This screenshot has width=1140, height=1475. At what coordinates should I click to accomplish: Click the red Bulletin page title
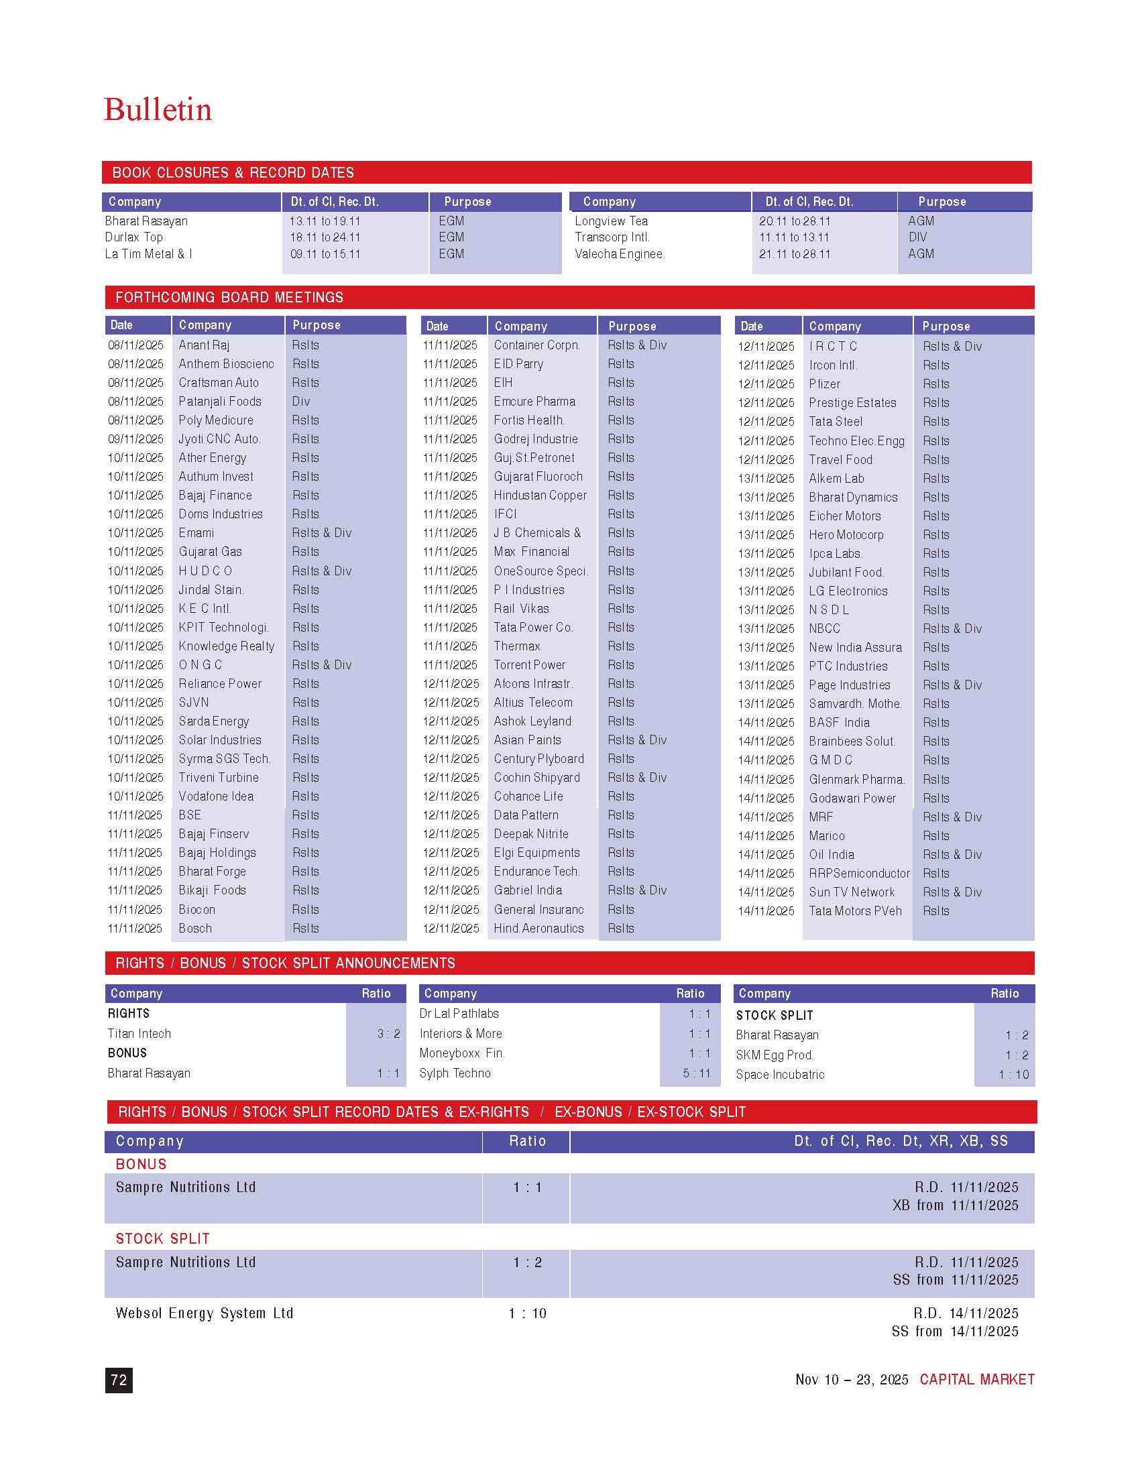[x=158, y=110]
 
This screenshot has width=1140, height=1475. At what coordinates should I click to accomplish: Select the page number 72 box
[x=119, y=1380]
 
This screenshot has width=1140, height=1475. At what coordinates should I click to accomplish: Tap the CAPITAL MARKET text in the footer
[x=976, y=1380]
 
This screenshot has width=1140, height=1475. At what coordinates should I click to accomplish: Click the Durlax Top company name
[x=133, y=237]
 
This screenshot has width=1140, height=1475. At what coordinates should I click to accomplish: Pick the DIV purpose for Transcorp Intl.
[x=917, y=237]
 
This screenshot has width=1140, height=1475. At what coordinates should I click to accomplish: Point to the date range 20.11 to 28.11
[x=794, y=221]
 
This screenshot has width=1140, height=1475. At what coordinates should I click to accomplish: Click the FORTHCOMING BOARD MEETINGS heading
[x=229, y=297]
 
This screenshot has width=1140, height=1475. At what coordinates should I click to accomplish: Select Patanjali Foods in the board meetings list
[x=219, y=401]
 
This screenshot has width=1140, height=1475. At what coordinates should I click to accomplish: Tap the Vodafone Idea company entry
[x=216, y=796]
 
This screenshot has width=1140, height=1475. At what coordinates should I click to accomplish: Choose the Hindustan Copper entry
[x=540, y=495]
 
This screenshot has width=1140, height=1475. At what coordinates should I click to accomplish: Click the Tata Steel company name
[x=836, y=422]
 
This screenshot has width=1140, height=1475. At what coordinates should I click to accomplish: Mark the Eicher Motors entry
[x=845, y=516]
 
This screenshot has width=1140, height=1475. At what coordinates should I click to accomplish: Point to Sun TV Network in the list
[x=852, y=892]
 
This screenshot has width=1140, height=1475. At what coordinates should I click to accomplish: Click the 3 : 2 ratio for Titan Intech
[x=388, y=1033]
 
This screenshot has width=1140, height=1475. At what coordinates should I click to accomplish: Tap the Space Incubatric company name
[x=780, y=1075]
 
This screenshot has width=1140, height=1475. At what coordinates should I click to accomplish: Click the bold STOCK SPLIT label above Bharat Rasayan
[x=774, y=1015]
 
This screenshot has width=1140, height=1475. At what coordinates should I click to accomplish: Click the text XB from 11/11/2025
[x=955, y=1205]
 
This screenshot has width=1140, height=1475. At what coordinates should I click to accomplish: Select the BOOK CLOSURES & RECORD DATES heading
[x=233, y=173]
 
